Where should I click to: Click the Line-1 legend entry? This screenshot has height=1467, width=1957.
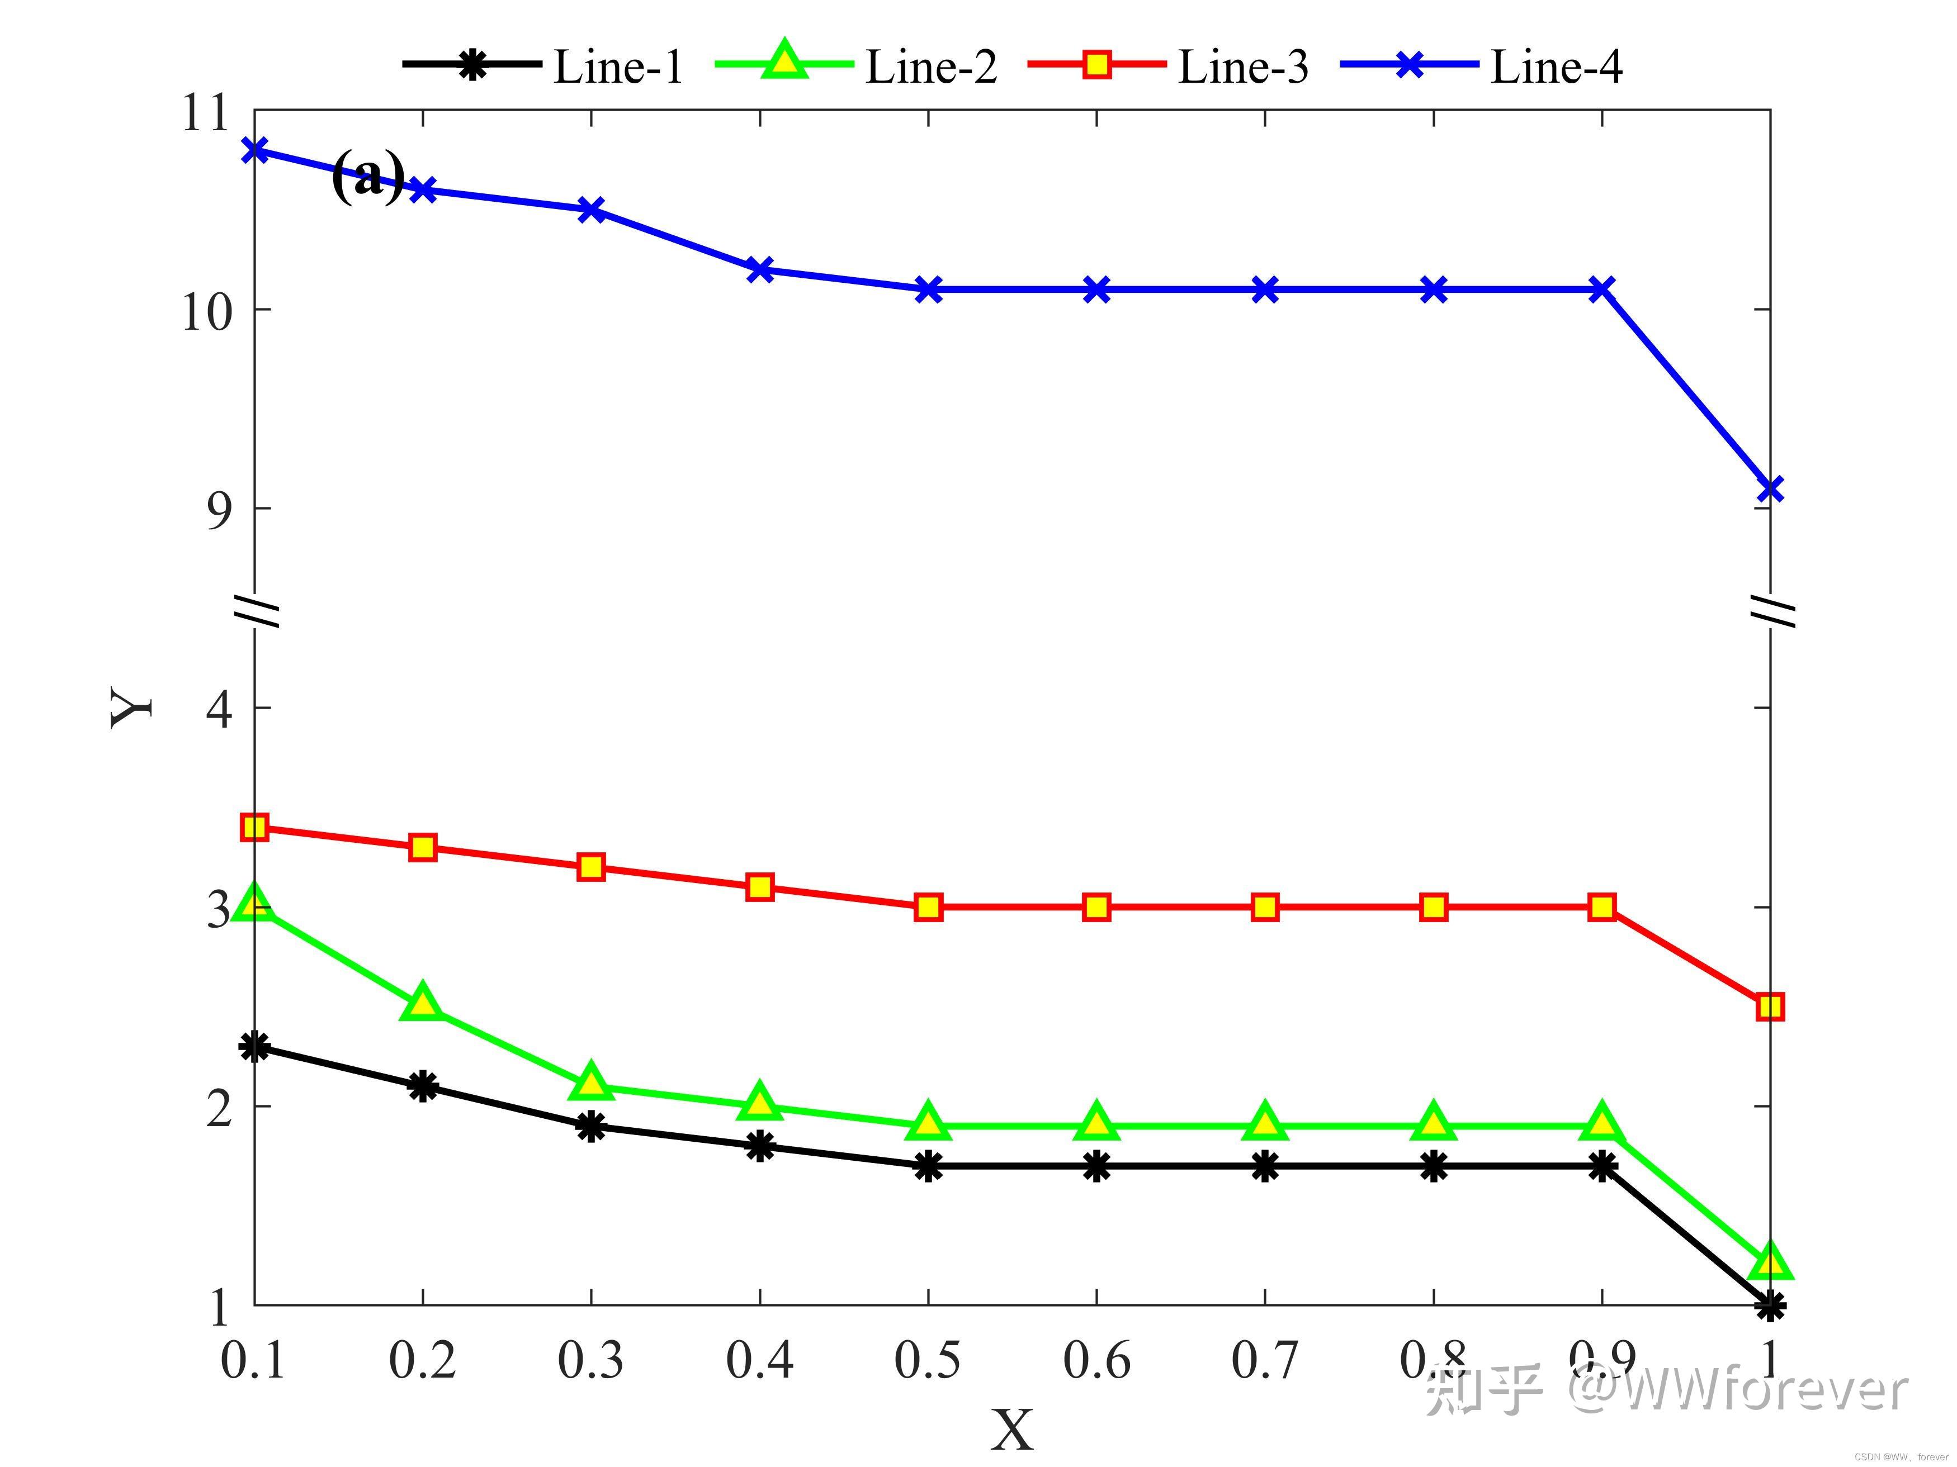pos(617,67)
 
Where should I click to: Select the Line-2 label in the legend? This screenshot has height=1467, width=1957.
pos(931,67)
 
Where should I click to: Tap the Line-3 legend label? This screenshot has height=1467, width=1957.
pos(1243,67)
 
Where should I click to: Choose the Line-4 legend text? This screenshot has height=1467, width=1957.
pos(1556,67)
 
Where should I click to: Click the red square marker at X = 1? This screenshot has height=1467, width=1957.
pos(1770,1007)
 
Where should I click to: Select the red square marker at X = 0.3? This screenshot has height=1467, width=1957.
pos(591,867)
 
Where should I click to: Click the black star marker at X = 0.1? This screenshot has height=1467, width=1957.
pos(255,1047)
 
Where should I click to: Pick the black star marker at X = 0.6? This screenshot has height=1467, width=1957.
pos(1096,1166)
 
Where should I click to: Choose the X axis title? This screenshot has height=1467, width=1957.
pos(1011,1431)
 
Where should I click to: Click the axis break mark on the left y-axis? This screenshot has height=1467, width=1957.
pos(257,609)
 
